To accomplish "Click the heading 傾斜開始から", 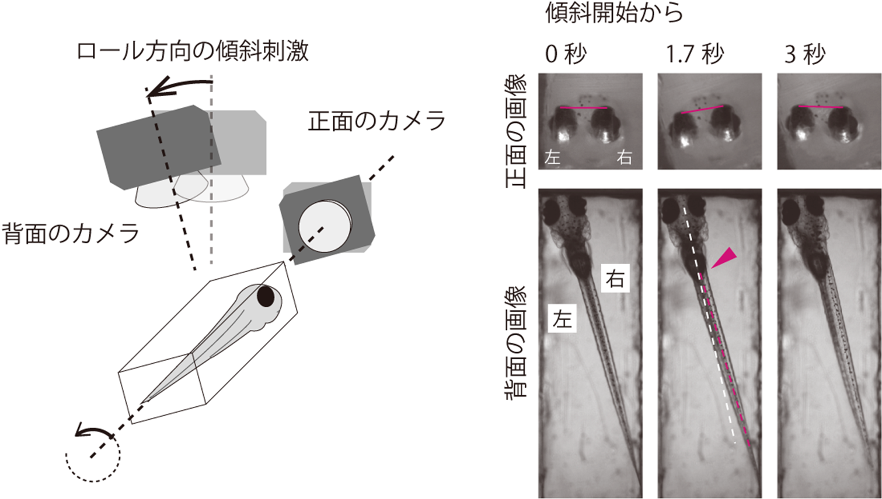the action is click(x=614, y=13).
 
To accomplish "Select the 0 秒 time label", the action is click(x=566, y=54).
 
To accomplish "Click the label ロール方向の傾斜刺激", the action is click(x=193, y=52).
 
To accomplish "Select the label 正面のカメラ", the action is click(x=376, y=121).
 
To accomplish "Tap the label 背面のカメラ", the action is click(x=71, y=233).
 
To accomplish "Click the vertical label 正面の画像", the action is click(x=516, y=131).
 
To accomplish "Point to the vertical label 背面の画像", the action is click(x=516, y=342).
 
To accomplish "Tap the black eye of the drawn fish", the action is click(x=266, y=296).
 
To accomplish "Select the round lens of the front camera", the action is click(x=325, y=227).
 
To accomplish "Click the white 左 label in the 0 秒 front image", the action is click(x=552, y=158).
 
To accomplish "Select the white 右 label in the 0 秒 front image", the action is click(x=624, y=158).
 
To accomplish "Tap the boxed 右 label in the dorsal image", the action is click(x=615, y=280).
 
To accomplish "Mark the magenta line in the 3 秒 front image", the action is click(x=821, y=107).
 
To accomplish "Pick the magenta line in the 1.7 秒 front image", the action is click(x=702, y=110).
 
